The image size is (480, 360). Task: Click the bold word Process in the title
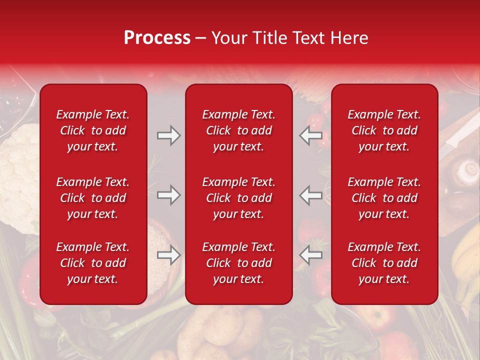click(x=157, y=38)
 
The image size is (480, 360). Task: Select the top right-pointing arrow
click(x=168, y=135)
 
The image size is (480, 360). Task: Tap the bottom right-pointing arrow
click(x=168, y=255)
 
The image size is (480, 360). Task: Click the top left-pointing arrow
click(x=311, y=135)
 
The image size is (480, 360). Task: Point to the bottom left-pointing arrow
click(x=311, y=255)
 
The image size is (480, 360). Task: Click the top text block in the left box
click(x=93, y=130)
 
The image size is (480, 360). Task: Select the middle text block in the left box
click(x=93, y=198)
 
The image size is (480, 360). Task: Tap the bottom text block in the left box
click(x=93, y=263)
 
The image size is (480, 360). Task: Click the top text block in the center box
click(x=238, y=130)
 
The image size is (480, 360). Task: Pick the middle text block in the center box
click(x=238, y=198)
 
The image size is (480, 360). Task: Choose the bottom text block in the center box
click(x=238, y=263)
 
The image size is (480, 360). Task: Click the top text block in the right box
click(x=384, y=130)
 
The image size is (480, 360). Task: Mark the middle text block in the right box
click(x=384, y=198)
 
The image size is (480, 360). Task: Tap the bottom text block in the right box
click(x=384, y=263)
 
